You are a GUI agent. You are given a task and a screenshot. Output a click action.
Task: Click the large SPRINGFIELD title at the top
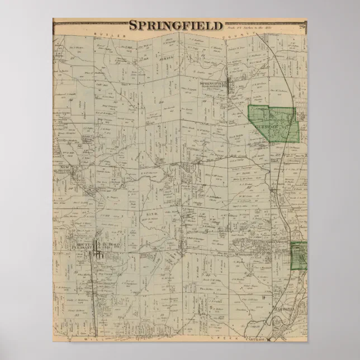tap(176, 25)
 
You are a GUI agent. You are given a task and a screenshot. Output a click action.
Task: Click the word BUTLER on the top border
tap(105, 35)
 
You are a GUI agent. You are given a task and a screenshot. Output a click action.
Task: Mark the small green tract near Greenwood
tap(300, 255)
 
